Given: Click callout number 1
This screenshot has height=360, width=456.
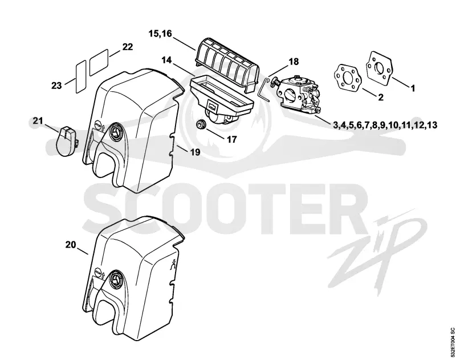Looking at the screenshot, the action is [413, 88].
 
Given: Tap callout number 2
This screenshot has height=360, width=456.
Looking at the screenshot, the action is [380, 97].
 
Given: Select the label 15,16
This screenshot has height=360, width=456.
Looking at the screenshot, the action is [160, 34].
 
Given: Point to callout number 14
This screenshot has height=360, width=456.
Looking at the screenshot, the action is [167, 60].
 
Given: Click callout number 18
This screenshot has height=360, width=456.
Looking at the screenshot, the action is [294, 62].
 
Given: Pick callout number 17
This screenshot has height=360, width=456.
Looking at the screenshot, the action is [232, 139].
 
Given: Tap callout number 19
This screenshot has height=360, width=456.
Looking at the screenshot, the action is [196, 152].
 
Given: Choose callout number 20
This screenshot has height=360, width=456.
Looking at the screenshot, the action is [70, 245].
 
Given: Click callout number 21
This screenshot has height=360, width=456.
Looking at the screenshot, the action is [38, 120].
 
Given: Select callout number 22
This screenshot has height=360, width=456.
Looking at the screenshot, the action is [127, 47].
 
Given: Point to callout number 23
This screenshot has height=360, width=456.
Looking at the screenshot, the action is [56, 86].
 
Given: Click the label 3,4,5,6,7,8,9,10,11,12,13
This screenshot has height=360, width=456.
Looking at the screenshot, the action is [385, 125].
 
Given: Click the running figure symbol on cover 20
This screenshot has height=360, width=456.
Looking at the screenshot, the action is [173, 264].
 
